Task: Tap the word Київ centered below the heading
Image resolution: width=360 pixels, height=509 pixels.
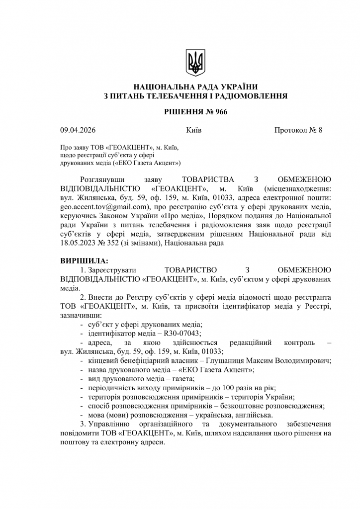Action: click(x=193, y=131)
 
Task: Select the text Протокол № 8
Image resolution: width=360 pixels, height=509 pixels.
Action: click(x=298, y=131)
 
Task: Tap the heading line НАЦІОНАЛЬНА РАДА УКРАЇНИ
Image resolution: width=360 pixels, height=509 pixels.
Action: click(x=195, y=87)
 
